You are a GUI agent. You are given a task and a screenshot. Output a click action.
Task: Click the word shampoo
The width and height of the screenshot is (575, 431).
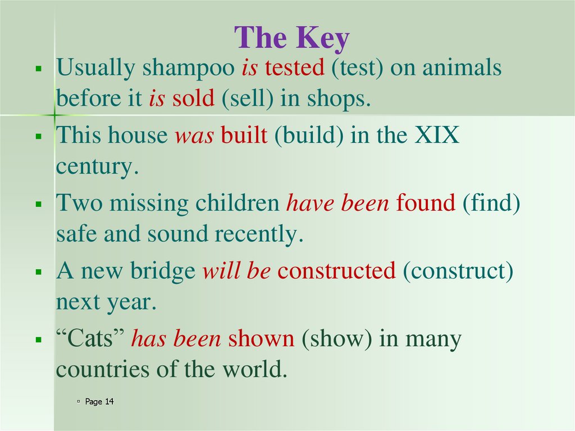[188, 69]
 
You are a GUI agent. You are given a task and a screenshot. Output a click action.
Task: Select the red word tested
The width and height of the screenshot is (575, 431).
[295, 69]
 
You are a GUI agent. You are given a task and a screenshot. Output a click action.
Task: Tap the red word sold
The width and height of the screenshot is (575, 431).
[193, 99]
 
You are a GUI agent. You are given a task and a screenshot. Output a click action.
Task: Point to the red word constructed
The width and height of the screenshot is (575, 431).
[336, 271]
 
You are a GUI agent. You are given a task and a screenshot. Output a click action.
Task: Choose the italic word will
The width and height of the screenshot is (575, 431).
[221, 271]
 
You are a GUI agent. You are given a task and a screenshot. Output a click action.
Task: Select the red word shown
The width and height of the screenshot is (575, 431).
[261, 339]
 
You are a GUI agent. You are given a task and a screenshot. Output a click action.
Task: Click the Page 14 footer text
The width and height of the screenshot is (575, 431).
[99, 402]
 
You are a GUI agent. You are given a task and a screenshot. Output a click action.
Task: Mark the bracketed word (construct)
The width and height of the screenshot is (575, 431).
[458, 271]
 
